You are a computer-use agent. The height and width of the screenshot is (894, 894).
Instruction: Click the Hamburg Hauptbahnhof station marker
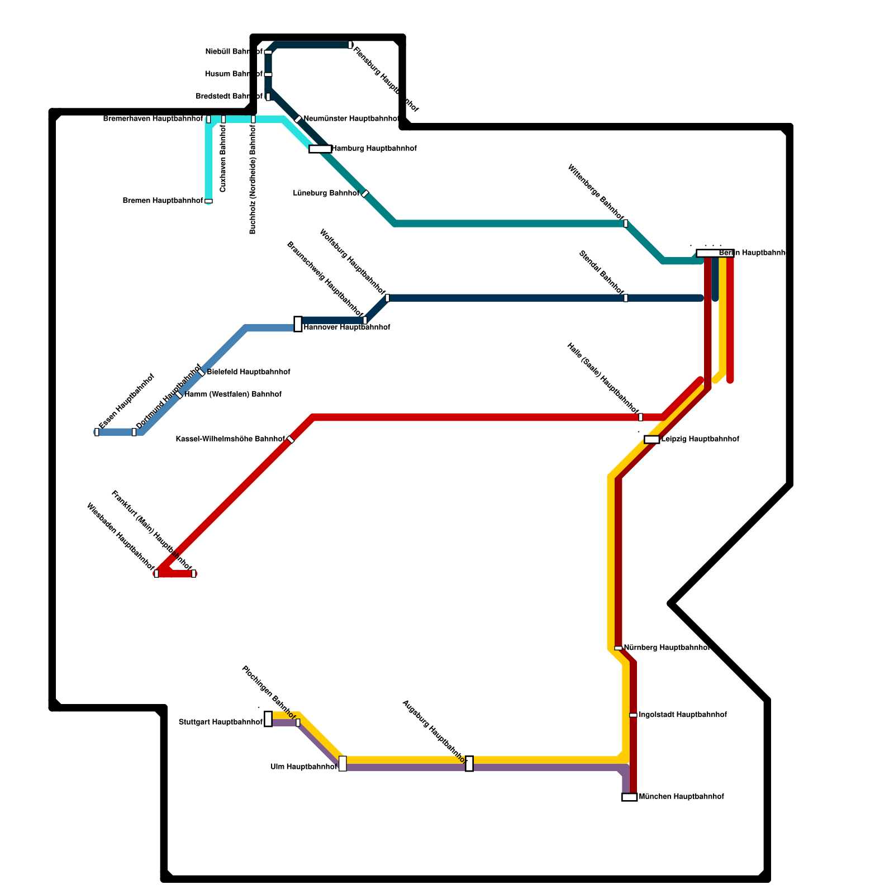coord(320,149)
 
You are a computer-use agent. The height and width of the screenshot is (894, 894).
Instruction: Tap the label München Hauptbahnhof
coord(681,796)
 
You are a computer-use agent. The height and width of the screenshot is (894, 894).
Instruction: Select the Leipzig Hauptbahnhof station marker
coord(652,439)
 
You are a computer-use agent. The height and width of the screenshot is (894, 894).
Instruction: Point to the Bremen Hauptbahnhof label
coord(163,201)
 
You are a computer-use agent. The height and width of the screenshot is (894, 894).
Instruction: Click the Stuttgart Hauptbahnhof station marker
coord(268,719)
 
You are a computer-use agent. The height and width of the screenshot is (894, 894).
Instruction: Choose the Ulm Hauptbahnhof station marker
coord(343,763)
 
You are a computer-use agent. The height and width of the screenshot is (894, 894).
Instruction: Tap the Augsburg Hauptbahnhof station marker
coord(469,763)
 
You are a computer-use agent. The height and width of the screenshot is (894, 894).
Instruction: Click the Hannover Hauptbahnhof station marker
coord(298,324)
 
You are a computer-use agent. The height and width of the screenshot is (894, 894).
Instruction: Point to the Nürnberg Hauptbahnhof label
coord(667,648)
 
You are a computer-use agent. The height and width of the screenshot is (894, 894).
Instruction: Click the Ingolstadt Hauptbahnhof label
coord(682,715)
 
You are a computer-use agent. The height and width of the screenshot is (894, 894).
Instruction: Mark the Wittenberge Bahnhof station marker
coord(625,223)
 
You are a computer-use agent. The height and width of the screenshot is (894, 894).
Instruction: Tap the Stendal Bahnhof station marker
coord(625,298)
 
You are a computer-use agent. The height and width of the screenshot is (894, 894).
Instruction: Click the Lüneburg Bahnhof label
coord(326,193)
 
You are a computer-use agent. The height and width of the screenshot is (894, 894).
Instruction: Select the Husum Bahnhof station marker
coord(268,74)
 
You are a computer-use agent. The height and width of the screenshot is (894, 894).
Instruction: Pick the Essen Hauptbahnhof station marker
coord(97,432)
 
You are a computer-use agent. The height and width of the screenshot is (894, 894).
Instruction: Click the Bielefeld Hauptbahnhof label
coord(248,372)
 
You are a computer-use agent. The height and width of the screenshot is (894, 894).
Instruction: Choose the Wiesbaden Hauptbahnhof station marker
coord(156,573)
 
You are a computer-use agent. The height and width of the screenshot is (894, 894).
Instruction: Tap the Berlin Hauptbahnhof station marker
coord(715,253)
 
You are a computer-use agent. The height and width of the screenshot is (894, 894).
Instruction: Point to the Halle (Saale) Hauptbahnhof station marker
coord(640,417)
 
